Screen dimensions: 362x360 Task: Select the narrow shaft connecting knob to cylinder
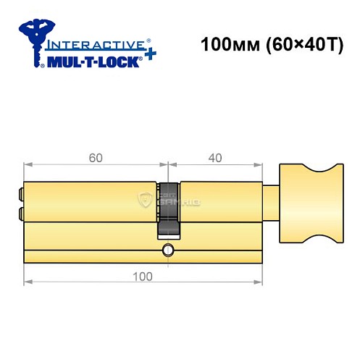pyautogui.click(x=270, y=201)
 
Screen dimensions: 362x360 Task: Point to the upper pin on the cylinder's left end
pyautogui.click(x=17, y=193)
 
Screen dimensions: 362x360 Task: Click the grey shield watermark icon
pyautogui.click(x=150, y=202)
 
